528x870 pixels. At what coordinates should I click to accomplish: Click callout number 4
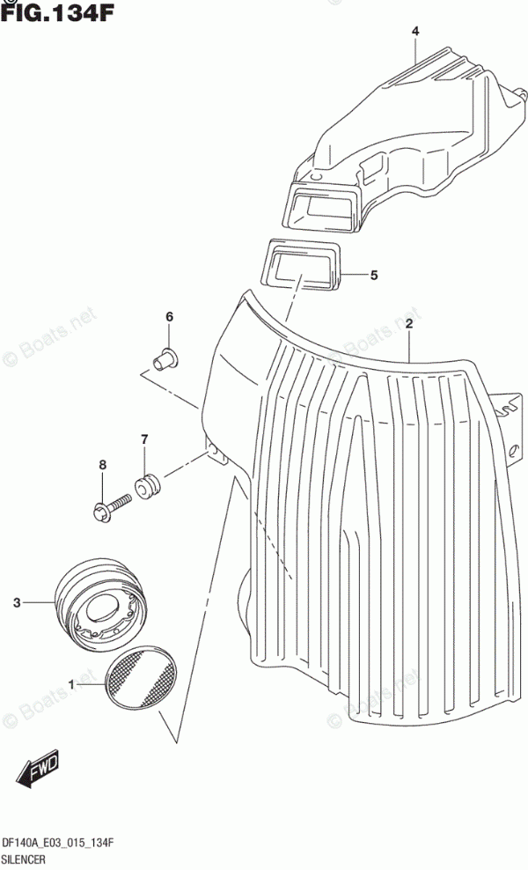pyautogui.click(x=415, y=33)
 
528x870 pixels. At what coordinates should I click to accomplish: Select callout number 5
pyautogui.click(x=373, y=276)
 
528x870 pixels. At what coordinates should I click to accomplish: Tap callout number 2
pyautogui.click(x=409, y=324)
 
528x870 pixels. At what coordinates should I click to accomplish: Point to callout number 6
pyautogui.click(x=170, y=317)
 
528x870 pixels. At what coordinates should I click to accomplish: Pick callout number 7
pyautogui.click(x=144, y=439)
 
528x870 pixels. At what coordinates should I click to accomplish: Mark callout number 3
pyautogui.click(x=16, y=603)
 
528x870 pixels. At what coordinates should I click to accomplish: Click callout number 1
pyautogui.click(x=73, y=683)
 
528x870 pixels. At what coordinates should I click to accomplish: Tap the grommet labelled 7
pyautogui.click(x=145, y=483)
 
